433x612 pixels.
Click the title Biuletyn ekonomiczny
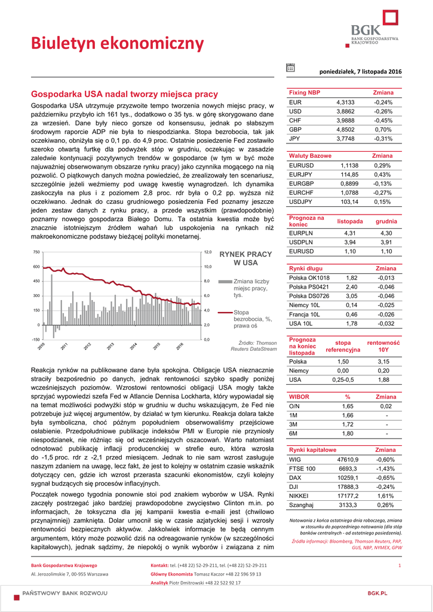[118, 43]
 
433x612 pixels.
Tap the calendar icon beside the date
[290, 68]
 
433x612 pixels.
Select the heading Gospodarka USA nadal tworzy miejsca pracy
[124, 94]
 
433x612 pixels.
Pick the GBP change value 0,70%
[383, 129]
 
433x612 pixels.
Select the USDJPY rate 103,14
[349, 202]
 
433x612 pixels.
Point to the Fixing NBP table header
[305, 93]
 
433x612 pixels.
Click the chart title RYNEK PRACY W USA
[245, 258]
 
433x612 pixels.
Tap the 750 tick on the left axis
[36, 252]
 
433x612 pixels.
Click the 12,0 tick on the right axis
[208, 252]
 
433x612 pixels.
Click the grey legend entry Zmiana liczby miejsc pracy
[251, 288]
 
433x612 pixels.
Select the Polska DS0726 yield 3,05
[351, 296]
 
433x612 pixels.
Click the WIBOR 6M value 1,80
[347, 433]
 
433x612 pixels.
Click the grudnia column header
[386, 221]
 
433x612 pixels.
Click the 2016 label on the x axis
[180, 346]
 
